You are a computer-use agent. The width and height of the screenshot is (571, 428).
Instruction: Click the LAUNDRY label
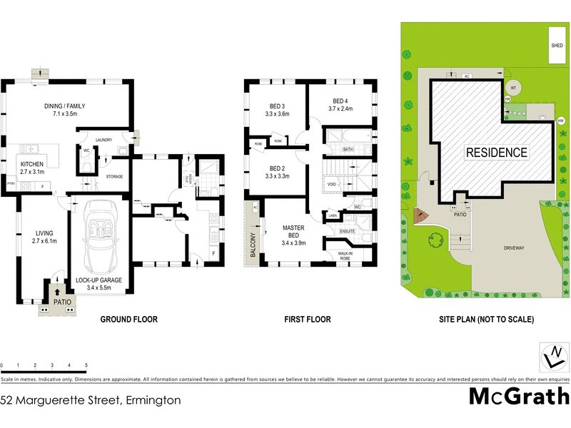pos(104,140)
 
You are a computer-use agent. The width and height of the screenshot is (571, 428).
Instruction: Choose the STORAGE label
pos(114,176)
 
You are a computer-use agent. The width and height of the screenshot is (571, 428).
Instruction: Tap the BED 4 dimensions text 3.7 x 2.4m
pos(342,108)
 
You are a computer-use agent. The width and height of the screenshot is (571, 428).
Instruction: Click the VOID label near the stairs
pos(331,184)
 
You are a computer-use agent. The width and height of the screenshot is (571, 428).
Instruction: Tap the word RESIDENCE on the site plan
pos(497,152)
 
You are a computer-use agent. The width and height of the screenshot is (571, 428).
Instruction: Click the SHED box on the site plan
pos(557,44)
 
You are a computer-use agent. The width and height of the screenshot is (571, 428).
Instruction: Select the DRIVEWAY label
pos(514,248)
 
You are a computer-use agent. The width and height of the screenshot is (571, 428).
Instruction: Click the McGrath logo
pos(518,396)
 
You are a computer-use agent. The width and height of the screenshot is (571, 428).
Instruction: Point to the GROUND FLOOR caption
pos(128,320)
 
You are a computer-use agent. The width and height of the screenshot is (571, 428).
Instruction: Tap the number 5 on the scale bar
pos(86,365)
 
